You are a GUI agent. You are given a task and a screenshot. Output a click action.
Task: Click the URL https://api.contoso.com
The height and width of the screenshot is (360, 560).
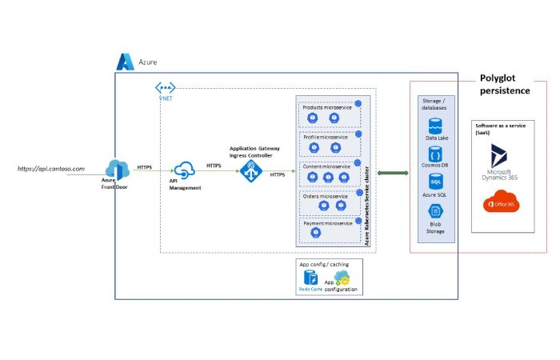click(51, 169)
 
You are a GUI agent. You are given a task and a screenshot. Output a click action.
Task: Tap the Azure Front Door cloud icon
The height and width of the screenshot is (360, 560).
click(118, 168)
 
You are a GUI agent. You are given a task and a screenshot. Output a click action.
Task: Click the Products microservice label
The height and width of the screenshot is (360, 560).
click(326, 107)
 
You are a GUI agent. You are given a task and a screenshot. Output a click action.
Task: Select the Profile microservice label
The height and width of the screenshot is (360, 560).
click(325, 138)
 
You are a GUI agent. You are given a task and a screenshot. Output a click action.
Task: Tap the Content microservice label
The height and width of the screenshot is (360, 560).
click(326, 166)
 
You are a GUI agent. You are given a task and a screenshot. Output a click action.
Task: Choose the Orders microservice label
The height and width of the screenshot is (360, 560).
click(326, 195)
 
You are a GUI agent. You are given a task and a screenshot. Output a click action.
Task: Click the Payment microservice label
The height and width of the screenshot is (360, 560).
click(327, 223)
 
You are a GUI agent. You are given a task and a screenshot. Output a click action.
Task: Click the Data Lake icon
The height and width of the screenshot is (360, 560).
click(435, 126)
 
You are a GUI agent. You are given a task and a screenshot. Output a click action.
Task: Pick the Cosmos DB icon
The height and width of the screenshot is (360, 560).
click(435, 154)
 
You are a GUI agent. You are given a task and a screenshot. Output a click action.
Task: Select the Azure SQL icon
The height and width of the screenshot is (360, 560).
click(435, 182)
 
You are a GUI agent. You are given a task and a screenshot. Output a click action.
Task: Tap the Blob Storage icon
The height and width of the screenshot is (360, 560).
click(435, 211)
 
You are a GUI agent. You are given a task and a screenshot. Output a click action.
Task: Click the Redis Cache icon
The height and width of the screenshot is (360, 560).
click(310, 278)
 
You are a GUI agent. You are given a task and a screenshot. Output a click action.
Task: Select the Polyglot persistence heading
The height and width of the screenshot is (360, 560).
click(504, 85)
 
